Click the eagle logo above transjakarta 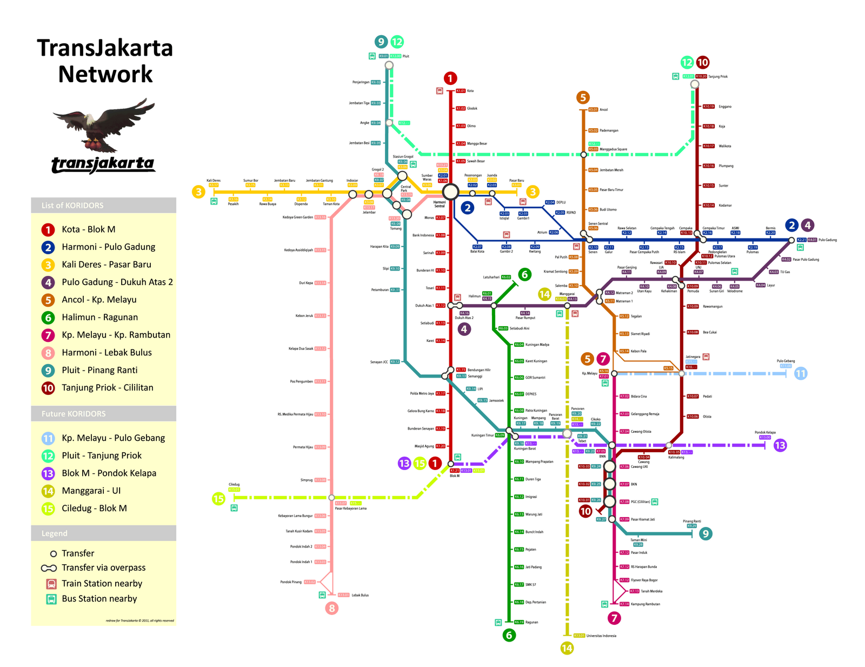pyautogui.click(x=104, y=126)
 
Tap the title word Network pyautogui.click(x=105, y=75)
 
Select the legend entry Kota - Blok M pyautogui.click(x=88, y=229)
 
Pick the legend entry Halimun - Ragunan pyautogui.click(x=99, y=318)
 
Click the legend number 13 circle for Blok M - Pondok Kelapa pyautogui.click(x=48, y=473)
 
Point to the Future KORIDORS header pyautogui.click(x=74, y=414)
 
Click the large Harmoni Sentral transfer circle pyautogui.click(x=450, y=191)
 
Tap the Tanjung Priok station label pyautogui.click(x=718, y=77)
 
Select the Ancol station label pyautogui.click(x=604, y=110)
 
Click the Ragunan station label pyautogui.click(x=532, y=622)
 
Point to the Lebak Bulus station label pyautogui.click(x=360, y=595)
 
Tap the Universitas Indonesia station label pyautogui.click(x=601, y=636)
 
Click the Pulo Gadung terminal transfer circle pyautogui.click(x=791, y=240)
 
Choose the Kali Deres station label pyautogui.click(x=214, y=181)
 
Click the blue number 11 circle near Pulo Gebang pyautogui.click(x=801, y=373)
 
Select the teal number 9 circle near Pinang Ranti pyautogui.click(x=706, y=534)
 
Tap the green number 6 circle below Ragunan pyautogui.click(x=509, y=635)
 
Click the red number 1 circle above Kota pyautogui.click(x=450, y=78)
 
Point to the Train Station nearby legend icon pyautogui.click(x=51, y=584)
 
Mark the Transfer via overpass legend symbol pyautogui.click(x=49, y=568)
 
